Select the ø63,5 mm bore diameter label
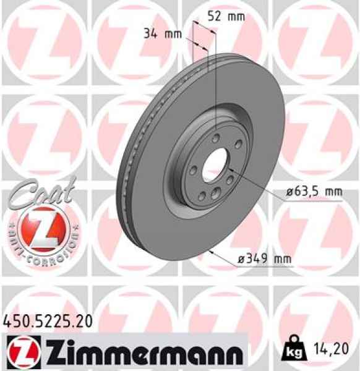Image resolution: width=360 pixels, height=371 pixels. pos(314,192)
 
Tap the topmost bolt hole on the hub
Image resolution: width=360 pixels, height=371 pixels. pos(215,138)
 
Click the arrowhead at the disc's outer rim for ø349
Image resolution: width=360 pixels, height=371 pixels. pos(212,252)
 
